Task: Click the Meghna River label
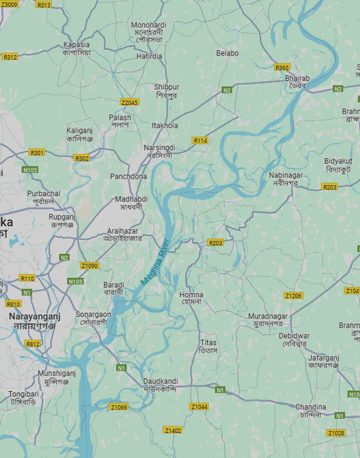click(155, 262)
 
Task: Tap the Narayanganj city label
click(35, 317)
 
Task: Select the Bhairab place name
click(297, 79)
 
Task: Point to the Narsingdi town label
click(159, 147)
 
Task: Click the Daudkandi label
click(160, 381)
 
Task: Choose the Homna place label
click(191, 295)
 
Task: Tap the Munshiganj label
click(56, 373)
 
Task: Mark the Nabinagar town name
click(286, 175)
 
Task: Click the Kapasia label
click(77, 45)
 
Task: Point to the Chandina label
click(311, 407)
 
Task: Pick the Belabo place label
click(227, 53)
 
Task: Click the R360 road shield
click(282, 68)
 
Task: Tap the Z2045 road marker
click(130, 102)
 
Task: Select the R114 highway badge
click(200, 141)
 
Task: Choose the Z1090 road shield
click(89, 266)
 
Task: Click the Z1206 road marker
click(293, 296)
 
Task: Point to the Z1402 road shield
click(173, 430)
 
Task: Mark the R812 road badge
click(32, 343)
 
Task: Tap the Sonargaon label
click(93, 314)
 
